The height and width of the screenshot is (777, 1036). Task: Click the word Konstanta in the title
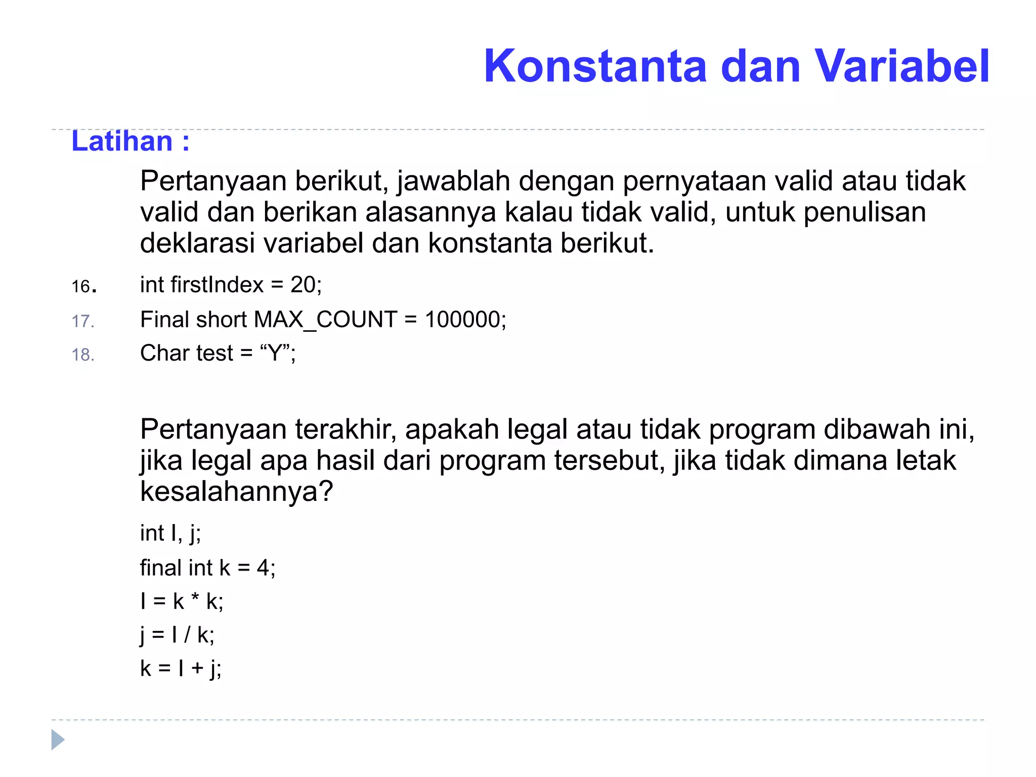click(x=595, y=66)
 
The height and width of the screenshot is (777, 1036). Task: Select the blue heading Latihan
click(x=122, y=141)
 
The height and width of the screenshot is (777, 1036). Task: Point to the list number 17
click(x=82, y=321)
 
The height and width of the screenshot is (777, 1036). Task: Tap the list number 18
click(x=82, y=355)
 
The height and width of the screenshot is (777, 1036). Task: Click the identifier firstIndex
click(x=217, y=285)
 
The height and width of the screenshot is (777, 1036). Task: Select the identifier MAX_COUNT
click(x=325, y=320)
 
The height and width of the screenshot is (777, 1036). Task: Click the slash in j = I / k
click(x=187, y=635)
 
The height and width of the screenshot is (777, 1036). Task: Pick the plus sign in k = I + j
click(x=197, y=669)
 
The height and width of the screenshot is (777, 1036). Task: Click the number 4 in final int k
click(x=263, y=568)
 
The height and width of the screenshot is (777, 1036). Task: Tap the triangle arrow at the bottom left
click(x=58, y=740)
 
